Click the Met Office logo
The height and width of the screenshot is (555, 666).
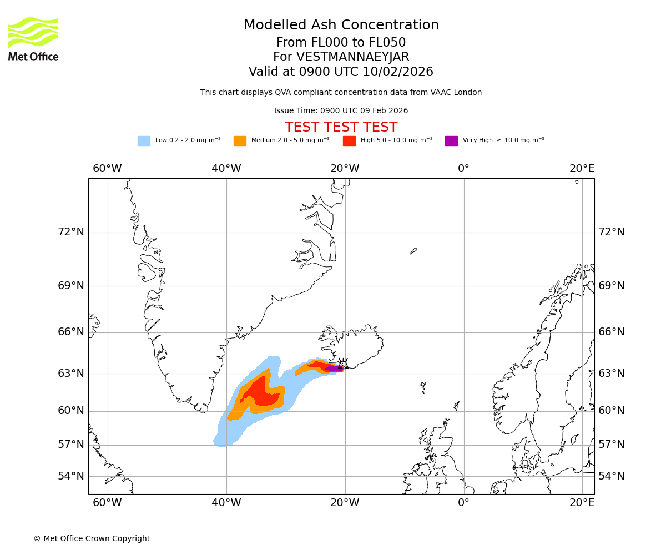pos(33,39)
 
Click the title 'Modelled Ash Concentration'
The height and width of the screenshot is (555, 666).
pos(341,26)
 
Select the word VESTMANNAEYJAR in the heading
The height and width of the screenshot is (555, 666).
pos(354,57)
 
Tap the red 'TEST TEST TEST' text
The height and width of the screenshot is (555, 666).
pos(341,127)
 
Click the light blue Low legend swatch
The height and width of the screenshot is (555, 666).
pos(144,141)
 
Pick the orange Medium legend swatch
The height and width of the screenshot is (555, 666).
pos(240,141)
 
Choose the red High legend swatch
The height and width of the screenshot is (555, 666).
pos(349,141)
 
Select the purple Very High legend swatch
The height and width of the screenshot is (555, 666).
pos(451,141)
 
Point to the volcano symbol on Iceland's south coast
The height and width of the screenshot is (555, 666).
pos(343,364)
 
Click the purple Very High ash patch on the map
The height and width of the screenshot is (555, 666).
pos(333,368)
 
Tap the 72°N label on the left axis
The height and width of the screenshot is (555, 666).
pos(71,232)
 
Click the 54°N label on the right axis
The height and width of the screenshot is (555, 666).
pos(611,476)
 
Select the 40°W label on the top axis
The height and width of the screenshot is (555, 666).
pos(226,169)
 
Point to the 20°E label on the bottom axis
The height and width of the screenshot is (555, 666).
pos(582,503)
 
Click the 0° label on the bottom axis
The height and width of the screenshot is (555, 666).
pos(463,503)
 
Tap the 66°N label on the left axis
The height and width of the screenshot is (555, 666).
pos(71,332)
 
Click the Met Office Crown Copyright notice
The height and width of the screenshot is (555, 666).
pos(92,538)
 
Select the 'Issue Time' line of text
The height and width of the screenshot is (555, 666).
pos(341,111)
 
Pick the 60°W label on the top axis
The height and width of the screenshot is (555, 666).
pos(107,169)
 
